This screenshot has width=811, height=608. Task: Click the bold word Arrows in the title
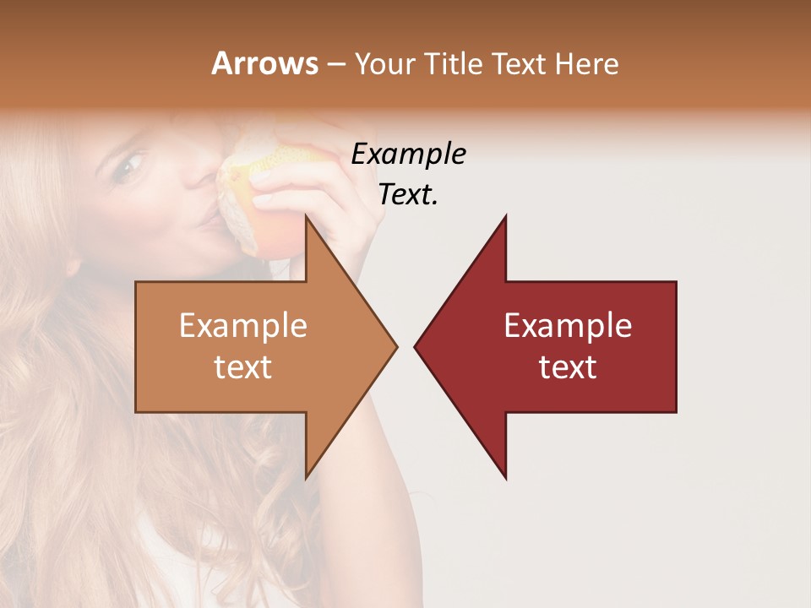tap(264, 63)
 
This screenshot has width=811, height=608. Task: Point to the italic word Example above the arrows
tap(408, 155)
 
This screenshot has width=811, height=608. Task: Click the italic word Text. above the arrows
tap(408, 194)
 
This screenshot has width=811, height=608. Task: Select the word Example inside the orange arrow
tap(243, 326)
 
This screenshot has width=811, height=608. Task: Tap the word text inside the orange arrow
tap(243, 367)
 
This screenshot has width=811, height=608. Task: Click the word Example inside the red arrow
tap(568, 326)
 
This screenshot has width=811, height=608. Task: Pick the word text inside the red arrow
tap(568, 367)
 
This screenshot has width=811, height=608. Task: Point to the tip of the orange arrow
tap(396, 346)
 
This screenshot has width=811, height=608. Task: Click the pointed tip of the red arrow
tap(415, 346)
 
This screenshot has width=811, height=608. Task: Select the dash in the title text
tap(335, 64)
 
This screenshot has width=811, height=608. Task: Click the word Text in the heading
tap(520, 63)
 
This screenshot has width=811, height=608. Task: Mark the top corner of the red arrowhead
tap(505, 216)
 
